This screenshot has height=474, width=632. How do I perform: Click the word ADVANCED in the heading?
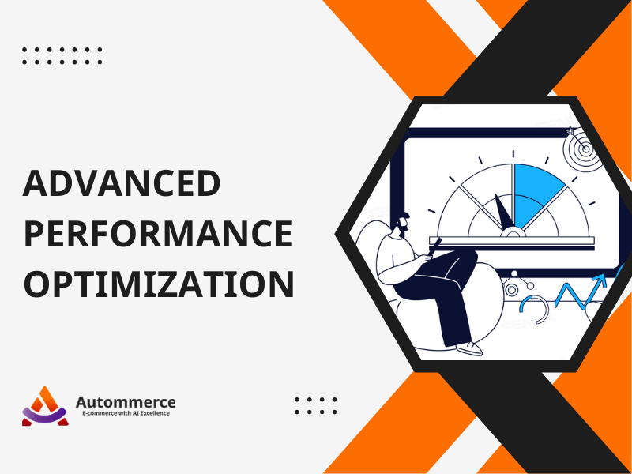pos(122,183)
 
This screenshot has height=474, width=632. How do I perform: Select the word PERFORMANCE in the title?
pos(158,234)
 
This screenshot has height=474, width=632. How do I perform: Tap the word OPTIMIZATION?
pos(159,284)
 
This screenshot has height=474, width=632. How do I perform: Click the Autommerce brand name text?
pos(125,402)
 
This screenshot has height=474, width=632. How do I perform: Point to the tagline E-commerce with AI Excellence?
pos(126,413)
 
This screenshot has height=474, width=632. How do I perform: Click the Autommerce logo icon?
pos(45,406)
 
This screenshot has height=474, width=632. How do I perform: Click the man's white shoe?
pos(469,348)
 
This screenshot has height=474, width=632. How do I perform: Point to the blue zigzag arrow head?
pos(600,280)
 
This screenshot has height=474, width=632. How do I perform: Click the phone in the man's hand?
pos(434,246)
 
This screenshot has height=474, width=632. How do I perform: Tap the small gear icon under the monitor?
pos(512,290)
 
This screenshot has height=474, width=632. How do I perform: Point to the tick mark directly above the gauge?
pos(513,154)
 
